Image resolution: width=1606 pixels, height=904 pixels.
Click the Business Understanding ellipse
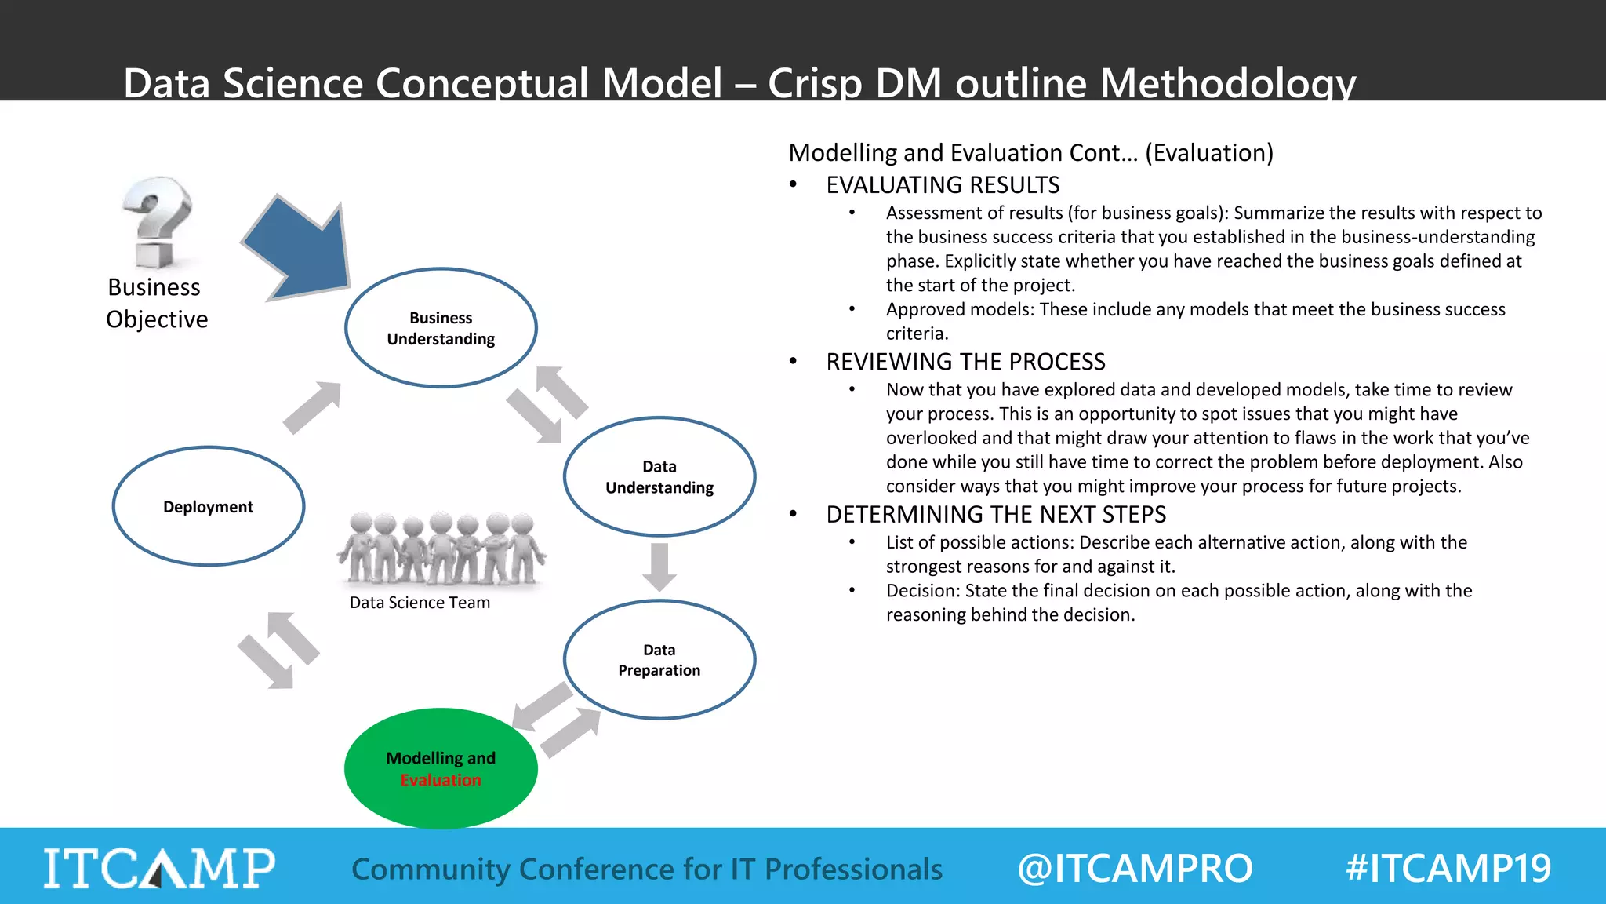pos(441,328)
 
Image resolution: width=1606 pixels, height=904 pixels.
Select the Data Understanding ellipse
pos(659,476)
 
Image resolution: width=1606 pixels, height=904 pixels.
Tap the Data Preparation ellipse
pos(659,660)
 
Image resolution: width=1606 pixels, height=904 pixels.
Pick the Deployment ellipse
pos(209,506)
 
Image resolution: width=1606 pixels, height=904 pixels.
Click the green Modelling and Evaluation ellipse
pos(441,768)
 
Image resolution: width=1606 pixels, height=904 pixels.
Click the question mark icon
pos(158,222)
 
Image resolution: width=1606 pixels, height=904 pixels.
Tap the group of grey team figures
pos(441,549)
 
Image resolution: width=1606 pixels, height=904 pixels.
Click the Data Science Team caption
pos(420,603)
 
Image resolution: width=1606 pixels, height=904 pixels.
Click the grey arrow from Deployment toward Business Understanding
pos(312,407)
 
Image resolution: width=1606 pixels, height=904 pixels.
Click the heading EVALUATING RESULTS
pos(943,185)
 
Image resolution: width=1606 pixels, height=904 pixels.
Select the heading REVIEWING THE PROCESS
pos(965,362)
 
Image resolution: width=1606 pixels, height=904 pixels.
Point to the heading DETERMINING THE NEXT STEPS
pos(996,515)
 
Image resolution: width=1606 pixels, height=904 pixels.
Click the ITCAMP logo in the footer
pos(159,868)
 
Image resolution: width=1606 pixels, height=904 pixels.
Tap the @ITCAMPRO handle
pos(1135,869)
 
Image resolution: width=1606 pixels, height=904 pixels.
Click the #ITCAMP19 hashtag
pos(1448,869)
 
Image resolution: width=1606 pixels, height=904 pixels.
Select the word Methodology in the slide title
pos(1228,82)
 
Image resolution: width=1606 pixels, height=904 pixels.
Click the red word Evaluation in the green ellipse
pos(441,780)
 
